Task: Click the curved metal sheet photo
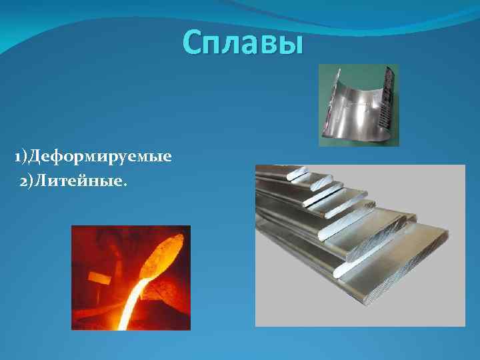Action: point(357,105)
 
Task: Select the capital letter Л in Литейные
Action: point(43,181)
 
